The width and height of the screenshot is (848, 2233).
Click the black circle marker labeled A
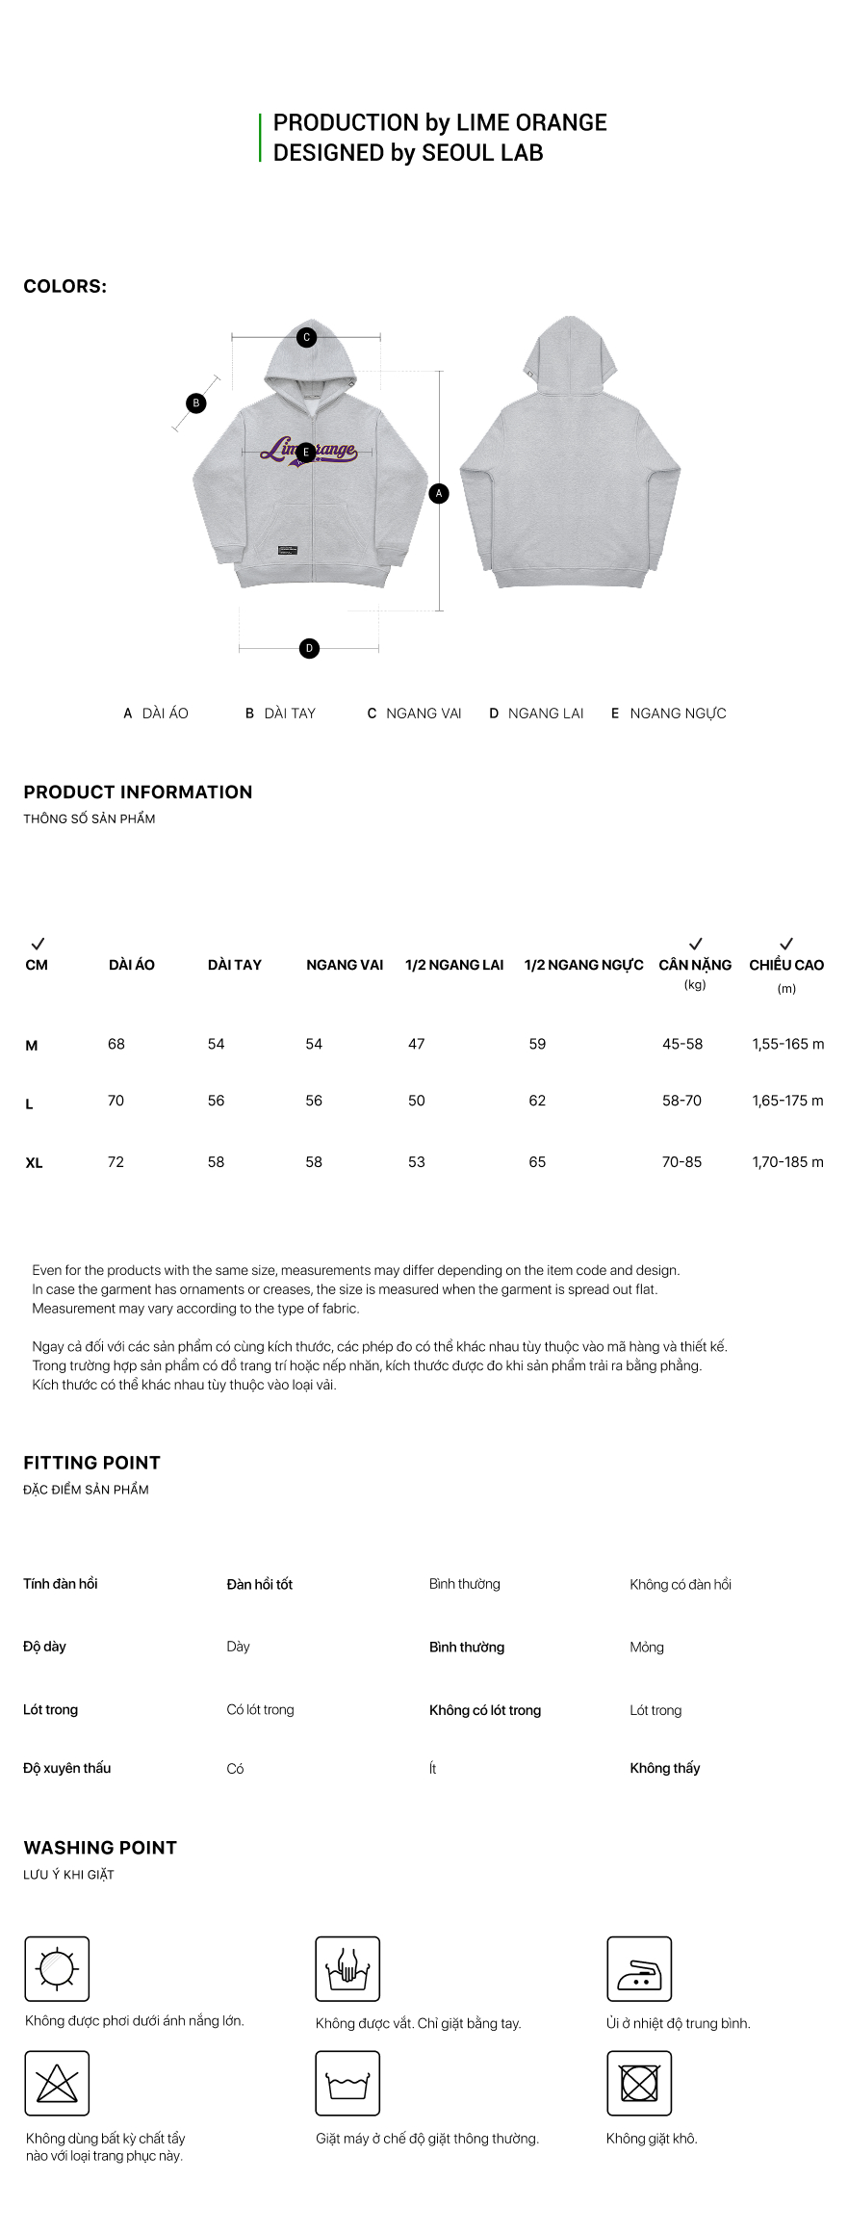[439, 493]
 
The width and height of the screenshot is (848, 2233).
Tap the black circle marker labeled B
[196, 402]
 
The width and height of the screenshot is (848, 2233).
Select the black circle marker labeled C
[306, 337]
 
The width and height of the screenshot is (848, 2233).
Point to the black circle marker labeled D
[309, 648]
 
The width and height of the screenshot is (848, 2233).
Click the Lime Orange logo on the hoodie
[309, 451]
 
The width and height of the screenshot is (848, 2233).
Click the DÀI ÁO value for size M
[116, 1044]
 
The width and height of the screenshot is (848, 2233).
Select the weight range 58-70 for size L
[681, 1101]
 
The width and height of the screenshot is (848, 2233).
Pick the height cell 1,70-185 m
[787, 1162]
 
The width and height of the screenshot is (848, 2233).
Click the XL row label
[34, 1163]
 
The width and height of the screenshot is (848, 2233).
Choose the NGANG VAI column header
[345, 965]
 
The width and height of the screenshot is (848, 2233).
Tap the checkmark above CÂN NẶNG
[695, 944]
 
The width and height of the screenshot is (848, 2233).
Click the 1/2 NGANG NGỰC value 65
[537, 1162]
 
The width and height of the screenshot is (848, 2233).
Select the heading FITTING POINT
[91, 1463]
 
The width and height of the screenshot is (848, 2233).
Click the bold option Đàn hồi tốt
[260, 1584]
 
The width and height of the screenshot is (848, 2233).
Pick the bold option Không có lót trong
[485, 1710]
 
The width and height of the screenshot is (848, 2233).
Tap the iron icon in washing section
[639, 1968]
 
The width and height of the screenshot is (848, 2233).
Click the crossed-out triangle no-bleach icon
[57, 2083]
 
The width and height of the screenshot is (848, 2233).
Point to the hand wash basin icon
[347, 1968]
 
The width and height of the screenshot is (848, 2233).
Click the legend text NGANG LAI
[546, 714]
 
